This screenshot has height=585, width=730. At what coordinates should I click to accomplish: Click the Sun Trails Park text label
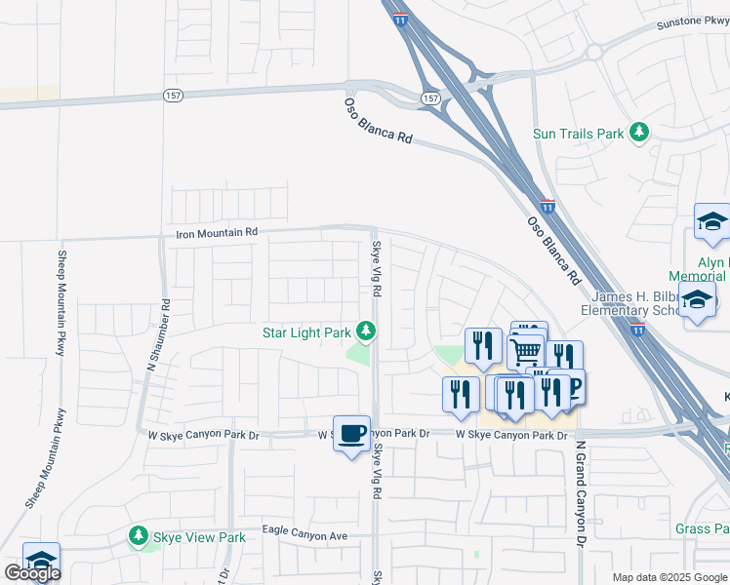click(x=578, y=133)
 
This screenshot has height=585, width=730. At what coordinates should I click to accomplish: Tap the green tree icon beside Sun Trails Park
click(x=639, y=132)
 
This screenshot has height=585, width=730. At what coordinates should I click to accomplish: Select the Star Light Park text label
click(x=306, y=332)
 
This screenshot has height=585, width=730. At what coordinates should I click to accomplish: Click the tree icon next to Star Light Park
click(x=366, y=332)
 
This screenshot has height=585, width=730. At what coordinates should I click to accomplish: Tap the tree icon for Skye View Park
click(x=138, y=537)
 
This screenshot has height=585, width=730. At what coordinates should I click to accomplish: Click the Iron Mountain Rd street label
click(x=217, y=233)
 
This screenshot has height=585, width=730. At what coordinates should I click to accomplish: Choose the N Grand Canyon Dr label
click(x=579, y=493)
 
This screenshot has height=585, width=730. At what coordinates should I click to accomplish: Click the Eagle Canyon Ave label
click(x=304, y=534)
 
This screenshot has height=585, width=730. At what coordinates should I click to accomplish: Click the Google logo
click(x=32, y=573)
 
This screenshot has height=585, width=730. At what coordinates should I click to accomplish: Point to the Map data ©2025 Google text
click(x=669, y=577)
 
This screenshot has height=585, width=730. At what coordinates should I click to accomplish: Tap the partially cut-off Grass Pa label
click(x=702, y=529)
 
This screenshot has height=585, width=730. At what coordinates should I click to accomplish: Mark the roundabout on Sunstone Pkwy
click(x=594, y=53)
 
